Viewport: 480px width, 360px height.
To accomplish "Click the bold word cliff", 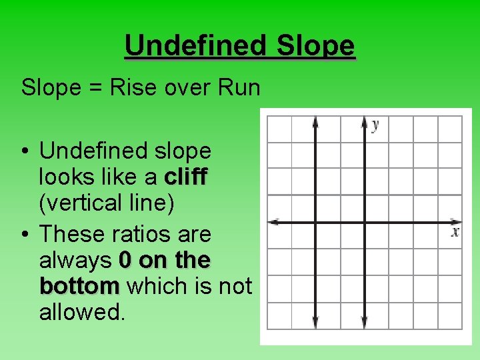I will point(186,177).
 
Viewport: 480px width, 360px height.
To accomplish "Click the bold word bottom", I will point(79,286).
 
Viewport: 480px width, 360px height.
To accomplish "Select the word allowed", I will point(82,311).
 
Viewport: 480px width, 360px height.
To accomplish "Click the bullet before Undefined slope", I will point(25,152).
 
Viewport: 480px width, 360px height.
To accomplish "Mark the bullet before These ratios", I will point(25,235).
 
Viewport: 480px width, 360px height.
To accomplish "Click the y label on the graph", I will point(376,125).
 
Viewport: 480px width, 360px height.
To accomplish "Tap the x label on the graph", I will point(455,232).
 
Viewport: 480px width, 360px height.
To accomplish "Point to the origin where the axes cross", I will point(364,222).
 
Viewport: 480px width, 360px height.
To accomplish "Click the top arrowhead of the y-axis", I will point(364,122).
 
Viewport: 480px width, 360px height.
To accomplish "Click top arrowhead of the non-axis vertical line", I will point(315,122).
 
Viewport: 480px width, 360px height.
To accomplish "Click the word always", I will point(75,260).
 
